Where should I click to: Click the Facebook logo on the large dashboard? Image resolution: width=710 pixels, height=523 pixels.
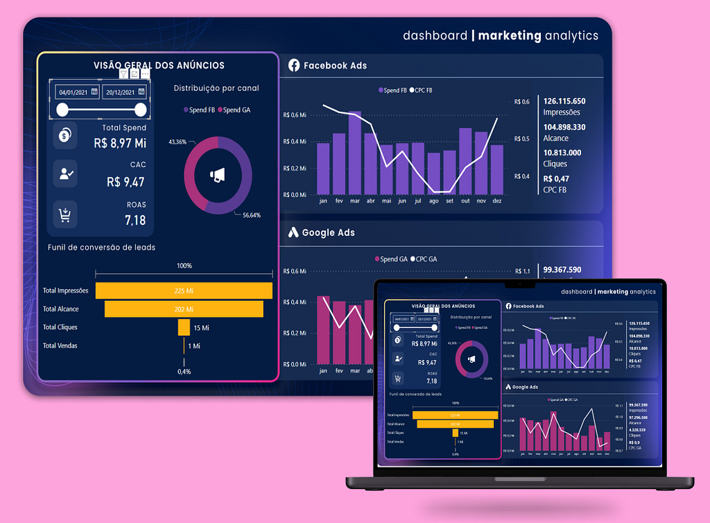pos(294,65)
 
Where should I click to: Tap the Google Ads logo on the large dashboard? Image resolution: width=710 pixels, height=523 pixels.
pos(293,233)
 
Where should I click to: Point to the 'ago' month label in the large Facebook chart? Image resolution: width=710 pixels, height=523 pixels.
pos(434,201)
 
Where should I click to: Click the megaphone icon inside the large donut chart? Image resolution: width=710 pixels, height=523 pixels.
pos(218,176)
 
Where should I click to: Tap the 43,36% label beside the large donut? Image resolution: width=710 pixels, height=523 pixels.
pos(177,142)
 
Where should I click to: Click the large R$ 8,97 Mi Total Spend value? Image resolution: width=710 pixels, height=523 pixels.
pos(120,143)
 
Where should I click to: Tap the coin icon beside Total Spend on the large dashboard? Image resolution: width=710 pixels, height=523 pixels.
pos(65,136)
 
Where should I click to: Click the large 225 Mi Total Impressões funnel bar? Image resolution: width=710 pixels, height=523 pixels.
pos(184,291)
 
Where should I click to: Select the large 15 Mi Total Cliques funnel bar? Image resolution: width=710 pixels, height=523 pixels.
pos(184,327)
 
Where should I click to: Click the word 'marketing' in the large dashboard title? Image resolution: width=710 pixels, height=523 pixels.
pos(510,35)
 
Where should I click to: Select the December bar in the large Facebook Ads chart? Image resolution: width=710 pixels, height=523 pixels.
pos(497,169)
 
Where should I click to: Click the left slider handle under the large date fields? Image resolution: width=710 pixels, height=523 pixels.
pos(62,110)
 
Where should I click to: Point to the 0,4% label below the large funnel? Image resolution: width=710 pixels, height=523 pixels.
pos(184,372)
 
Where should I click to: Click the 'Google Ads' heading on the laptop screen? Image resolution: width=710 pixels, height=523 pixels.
pos(525,387)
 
